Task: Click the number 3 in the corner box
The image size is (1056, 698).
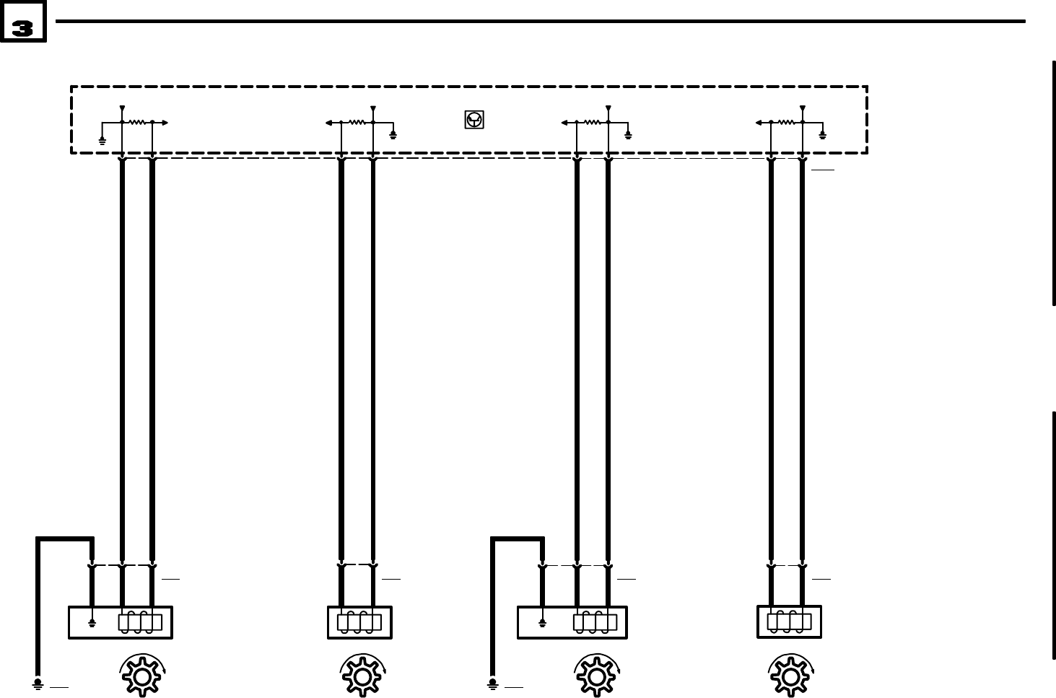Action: (22, 28)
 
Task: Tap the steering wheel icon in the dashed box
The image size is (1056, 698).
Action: (474, 120)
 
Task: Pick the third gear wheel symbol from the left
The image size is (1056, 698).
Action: (595, 676)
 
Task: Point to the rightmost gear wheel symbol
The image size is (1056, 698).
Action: (790, 676)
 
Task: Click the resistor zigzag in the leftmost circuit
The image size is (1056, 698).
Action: (137, 123)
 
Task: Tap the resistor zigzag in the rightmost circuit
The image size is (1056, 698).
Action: (787, 123)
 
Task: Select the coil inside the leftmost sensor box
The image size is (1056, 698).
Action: (139, 622)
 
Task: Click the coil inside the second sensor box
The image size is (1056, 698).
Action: (359, 622)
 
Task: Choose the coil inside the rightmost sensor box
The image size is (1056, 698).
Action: (789, 621)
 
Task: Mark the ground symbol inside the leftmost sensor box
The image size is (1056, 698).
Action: (92, 623)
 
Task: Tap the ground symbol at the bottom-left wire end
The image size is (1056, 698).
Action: (38, 682)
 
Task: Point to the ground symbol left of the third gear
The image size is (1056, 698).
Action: (492, 682)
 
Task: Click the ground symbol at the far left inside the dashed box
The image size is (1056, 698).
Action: (102, 139)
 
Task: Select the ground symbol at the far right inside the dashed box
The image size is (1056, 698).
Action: (823, 134)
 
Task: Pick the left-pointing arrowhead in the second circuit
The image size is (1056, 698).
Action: (328, 123)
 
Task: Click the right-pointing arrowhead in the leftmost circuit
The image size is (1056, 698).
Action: (165, 123)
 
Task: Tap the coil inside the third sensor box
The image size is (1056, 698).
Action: (595, 622)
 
